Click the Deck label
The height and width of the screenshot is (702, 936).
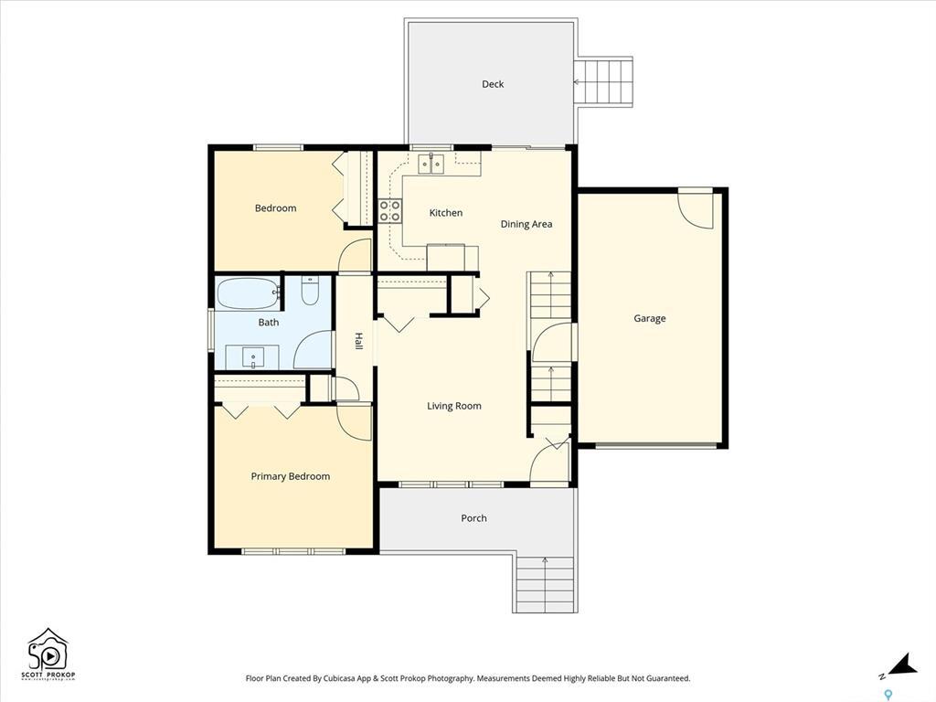pyautogui.click(x=493, y=84)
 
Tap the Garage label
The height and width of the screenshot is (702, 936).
pyautogui.click(x=650, y=319)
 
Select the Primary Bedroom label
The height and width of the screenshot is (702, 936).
pyautogui.click(x=291, y=476)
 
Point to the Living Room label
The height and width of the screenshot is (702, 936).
pyautogui.click(x=454, y=406)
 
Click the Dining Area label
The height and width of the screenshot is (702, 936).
pyautogui.click(x=526, y=224)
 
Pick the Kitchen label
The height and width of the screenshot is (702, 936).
pyautogui.click(x=446, y=213)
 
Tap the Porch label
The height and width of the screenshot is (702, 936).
pyautogui.click(x=473, y=518)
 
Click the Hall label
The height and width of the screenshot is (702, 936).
pyautogui.click(x=358, y=340)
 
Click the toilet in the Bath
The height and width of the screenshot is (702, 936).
pyautogui.click(x=309, y=292)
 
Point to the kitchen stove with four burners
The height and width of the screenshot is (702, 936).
pyautogui.click(x=389, y=211)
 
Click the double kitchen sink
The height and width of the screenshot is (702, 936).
pyautogui.click(x=431, y=164)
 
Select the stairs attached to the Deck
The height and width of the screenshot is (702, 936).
pyautogui.click(x=603, y=82)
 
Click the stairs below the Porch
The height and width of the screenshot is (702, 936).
pyautogui.click(x=545, y=583)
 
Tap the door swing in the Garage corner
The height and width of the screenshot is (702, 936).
pyautogui.click(x=696, y=209)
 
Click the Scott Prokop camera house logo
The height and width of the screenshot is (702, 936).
pyautogui.click(x=48, y=653)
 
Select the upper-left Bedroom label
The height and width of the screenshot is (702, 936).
pyautogui.click(x=275, y=208)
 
